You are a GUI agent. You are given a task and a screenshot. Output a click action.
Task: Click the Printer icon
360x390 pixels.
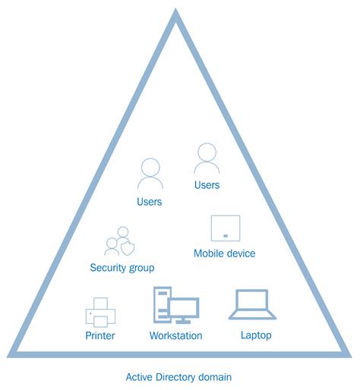tap(99, 312)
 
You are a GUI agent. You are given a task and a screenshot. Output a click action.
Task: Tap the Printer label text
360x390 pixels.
tap(99, 335)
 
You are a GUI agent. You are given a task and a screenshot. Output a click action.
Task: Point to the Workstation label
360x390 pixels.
tap(176, 335)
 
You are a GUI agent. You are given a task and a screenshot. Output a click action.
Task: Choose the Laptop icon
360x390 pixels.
tap(252, 304)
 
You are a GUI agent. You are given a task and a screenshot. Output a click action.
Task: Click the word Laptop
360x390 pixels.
tap(256, 335)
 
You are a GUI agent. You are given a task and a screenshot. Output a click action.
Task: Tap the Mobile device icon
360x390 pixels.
tap(226, 228)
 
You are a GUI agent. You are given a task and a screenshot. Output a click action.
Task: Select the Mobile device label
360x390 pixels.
tap(225, 253)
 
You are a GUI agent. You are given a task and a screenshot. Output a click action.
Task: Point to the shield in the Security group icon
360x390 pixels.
tap(128, 247)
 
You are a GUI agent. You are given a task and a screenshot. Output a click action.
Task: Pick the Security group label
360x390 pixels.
tap(122, 268)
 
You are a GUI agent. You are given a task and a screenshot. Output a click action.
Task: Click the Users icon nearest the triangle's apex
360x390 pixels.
tap(207, 159)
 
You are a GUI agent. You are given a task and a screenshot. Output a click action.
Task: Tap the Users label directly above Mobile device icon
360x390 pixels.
tap(207, 185)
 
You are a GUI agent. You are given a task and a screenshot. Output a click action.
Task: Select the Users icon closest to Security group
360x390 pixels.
tap(150, 174)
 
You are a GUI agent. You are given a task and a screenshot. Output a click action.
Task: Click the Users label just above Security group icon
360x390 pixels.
tap(149, 202)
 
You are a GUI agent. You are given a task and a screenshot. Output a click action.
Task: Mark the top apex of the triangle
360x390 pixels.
tap(176, 12)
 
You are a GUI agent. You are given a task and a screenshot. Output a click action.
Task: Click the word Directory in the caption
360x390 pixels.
tap(181, 376)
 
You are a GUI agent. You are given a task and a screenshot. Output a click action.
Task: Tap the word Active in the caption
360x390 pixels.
tap(141, 376)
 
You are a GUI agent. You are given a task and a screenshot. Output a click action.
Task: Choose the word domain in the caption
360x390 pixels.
tap(217, 376)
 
